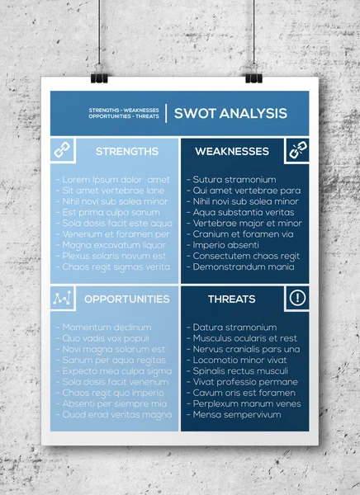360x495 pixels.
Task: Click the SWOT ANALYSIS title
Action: click(x=230, y=114)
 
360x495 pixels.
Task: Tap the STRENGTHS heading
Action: click(x=127, y=152)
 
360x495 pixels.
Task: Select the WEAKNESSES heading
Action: click(x=232, y=152)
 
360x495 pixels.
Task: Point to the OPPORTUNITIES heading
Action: click(x=127, y=299)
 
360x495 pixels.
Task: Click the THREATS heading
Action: click(x=232, y=299)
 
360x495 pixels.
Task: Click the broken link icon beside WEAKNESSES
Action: click(x=297, y=150)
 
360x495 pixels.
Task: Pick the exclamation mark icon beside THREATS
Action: click(x=297, y=298)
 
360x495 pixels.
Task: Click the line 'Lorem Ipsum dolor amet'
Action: click(x=113, y=180)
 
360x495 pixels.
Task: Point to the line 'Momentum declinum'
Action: click(x=103, y=328)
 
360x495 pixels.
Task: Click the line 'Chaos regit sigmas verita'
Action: click(x=113, y=266)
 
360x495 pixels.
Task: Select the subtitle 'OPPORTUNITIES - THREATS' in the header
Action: click(x=124, y=116)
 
